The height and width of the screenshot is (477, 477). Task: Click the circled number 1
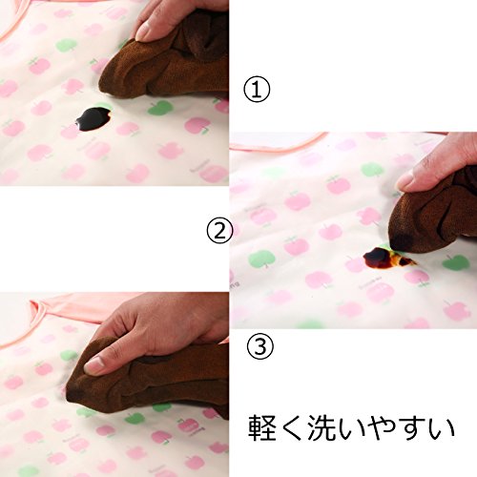[x=257, y=90]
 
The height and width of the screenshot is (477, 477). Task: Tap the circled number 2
[x=219, y=230]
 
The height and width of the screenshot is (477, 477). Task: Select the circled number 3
[x=260, y=346]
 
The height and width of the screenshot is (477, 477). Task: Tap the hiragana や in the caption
[x=380, y=427]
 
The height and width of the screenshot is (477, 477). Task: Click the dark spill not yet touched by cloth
[x=93, y=119]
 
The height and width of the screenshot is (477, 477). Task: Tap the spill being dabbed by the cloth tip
[x=384, y=258]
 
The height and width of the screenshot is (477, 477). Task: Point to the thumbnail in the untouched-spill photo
[x=144, y=31]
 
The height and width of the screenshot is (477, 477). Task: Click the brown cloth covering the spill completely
[x=146, y=379]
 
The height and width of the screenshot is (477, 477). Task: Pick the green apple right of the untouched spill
[x=160, y=108]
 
